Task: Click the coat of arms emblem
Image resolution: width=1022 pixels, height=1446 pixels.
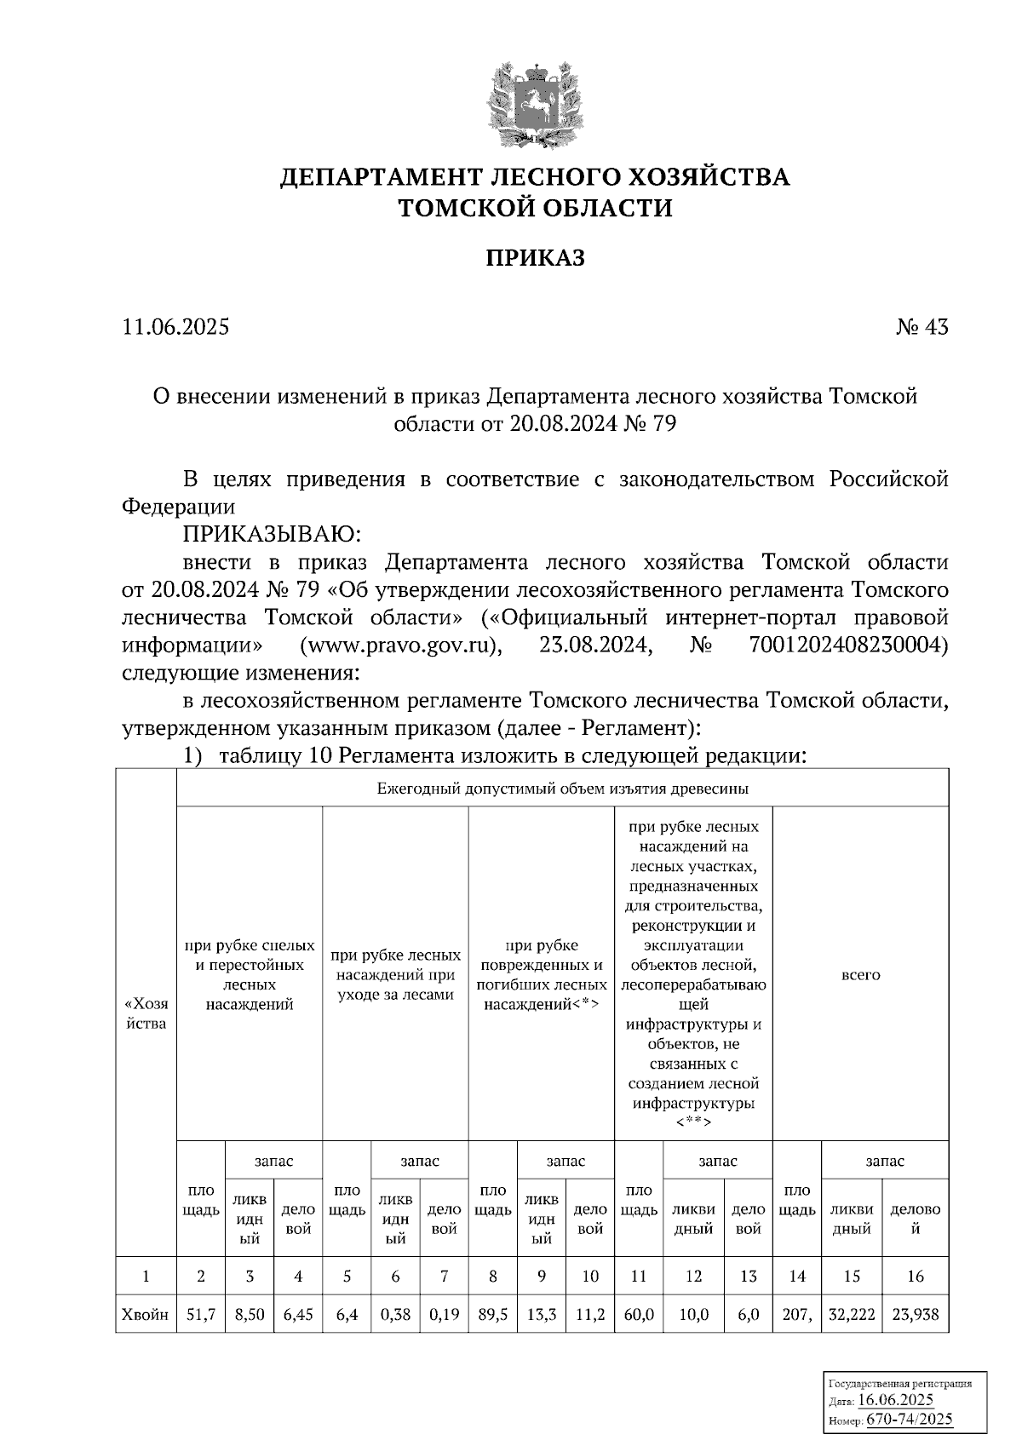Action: point(535,100)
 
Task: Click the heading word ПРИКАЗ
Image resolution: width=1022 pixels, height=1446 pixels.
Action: point(535,258)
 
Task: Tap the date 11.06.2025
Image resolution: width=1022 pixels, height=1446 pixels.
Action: point(176,327)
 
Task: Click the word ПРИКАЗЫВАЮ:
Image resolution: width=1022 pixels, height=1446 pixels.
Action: point(272,535)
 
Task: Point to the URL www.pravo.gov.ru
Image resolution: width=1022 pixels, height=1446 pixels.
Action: point(399,646)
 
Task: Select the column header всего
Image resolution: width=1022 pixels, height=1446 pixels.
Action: point(860,975)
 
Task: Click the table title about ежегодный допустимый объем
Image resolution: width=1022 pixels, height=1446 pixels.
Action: point(562,789)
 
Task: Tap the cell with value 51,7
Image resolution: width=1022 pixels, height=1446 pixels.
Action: point(201,1314)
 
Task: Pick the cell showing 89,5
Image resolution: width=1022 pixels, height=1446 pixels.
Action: point(492,1314)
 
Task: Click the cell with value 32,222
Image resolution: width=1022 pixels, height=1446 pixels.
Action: point(852,1314)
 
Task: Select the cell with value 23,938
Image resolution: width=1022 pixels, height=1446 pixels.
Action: point(916,1314)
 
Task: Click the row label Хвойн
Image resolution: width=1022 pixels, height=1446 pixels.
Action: point(146,1314)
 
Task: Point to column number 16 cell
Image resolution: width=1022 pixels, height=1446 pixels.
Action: point(916,1276)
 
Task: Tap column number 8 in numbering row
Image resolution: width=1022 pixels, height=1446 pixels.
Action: point(492,1276)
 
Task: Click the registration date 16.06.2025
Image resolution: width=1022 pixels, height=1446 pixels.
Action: point(896,1400)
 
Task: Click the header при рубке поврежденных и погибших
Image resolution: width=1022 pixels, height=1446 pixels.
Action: point(541,975)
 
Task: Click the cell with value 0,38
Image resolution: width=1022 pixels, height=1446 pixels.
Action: point(396,1314)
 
